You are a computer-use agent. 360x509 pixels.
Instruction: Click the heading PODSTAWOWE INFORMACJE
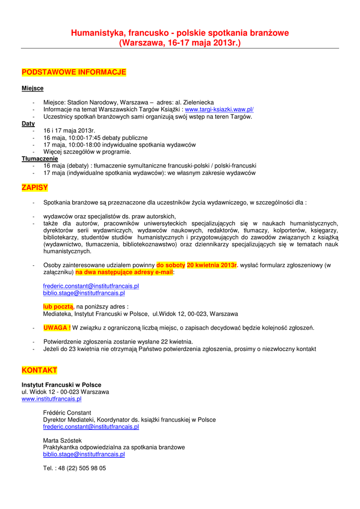tap(74, 72)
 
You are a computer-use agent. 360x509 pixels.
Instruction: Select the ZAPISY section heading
tap(35, 187)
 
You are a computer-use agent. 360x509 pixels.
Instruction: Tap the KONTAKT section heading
tap(39, 370)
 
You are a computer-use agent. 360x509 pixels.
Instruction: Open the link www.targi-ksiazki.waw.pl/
tap(219, 109)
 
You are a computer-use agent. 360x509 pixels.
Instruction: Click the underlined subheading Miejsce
tap(32, 88)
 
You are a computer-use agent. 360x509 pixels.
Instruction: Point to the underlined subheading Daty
tap(28, 123)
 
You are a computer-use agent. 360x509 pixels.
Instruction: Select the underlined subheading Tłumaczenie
tap(40, 159)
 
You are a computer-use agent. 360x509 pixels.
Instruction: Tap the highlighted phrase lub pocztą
tap(58, 307)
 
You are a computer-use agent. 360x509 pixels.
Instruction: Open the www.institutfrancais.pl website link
tap(52, 399)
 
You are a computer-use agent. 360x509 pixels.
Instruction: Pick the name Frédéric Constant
tap(67, 413)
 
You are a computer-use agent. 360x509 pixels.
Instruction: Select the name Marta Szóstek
tap(63, 440)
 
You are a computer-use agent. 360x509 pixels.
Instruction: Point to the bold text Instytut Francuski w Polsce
tap(61, 385)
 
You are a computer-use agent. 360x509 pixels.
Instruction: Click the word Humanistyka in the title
tap(97, 33)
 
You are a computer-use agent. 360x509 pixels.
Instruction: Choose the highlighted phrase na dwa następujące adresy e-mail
tap(124, 272)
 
